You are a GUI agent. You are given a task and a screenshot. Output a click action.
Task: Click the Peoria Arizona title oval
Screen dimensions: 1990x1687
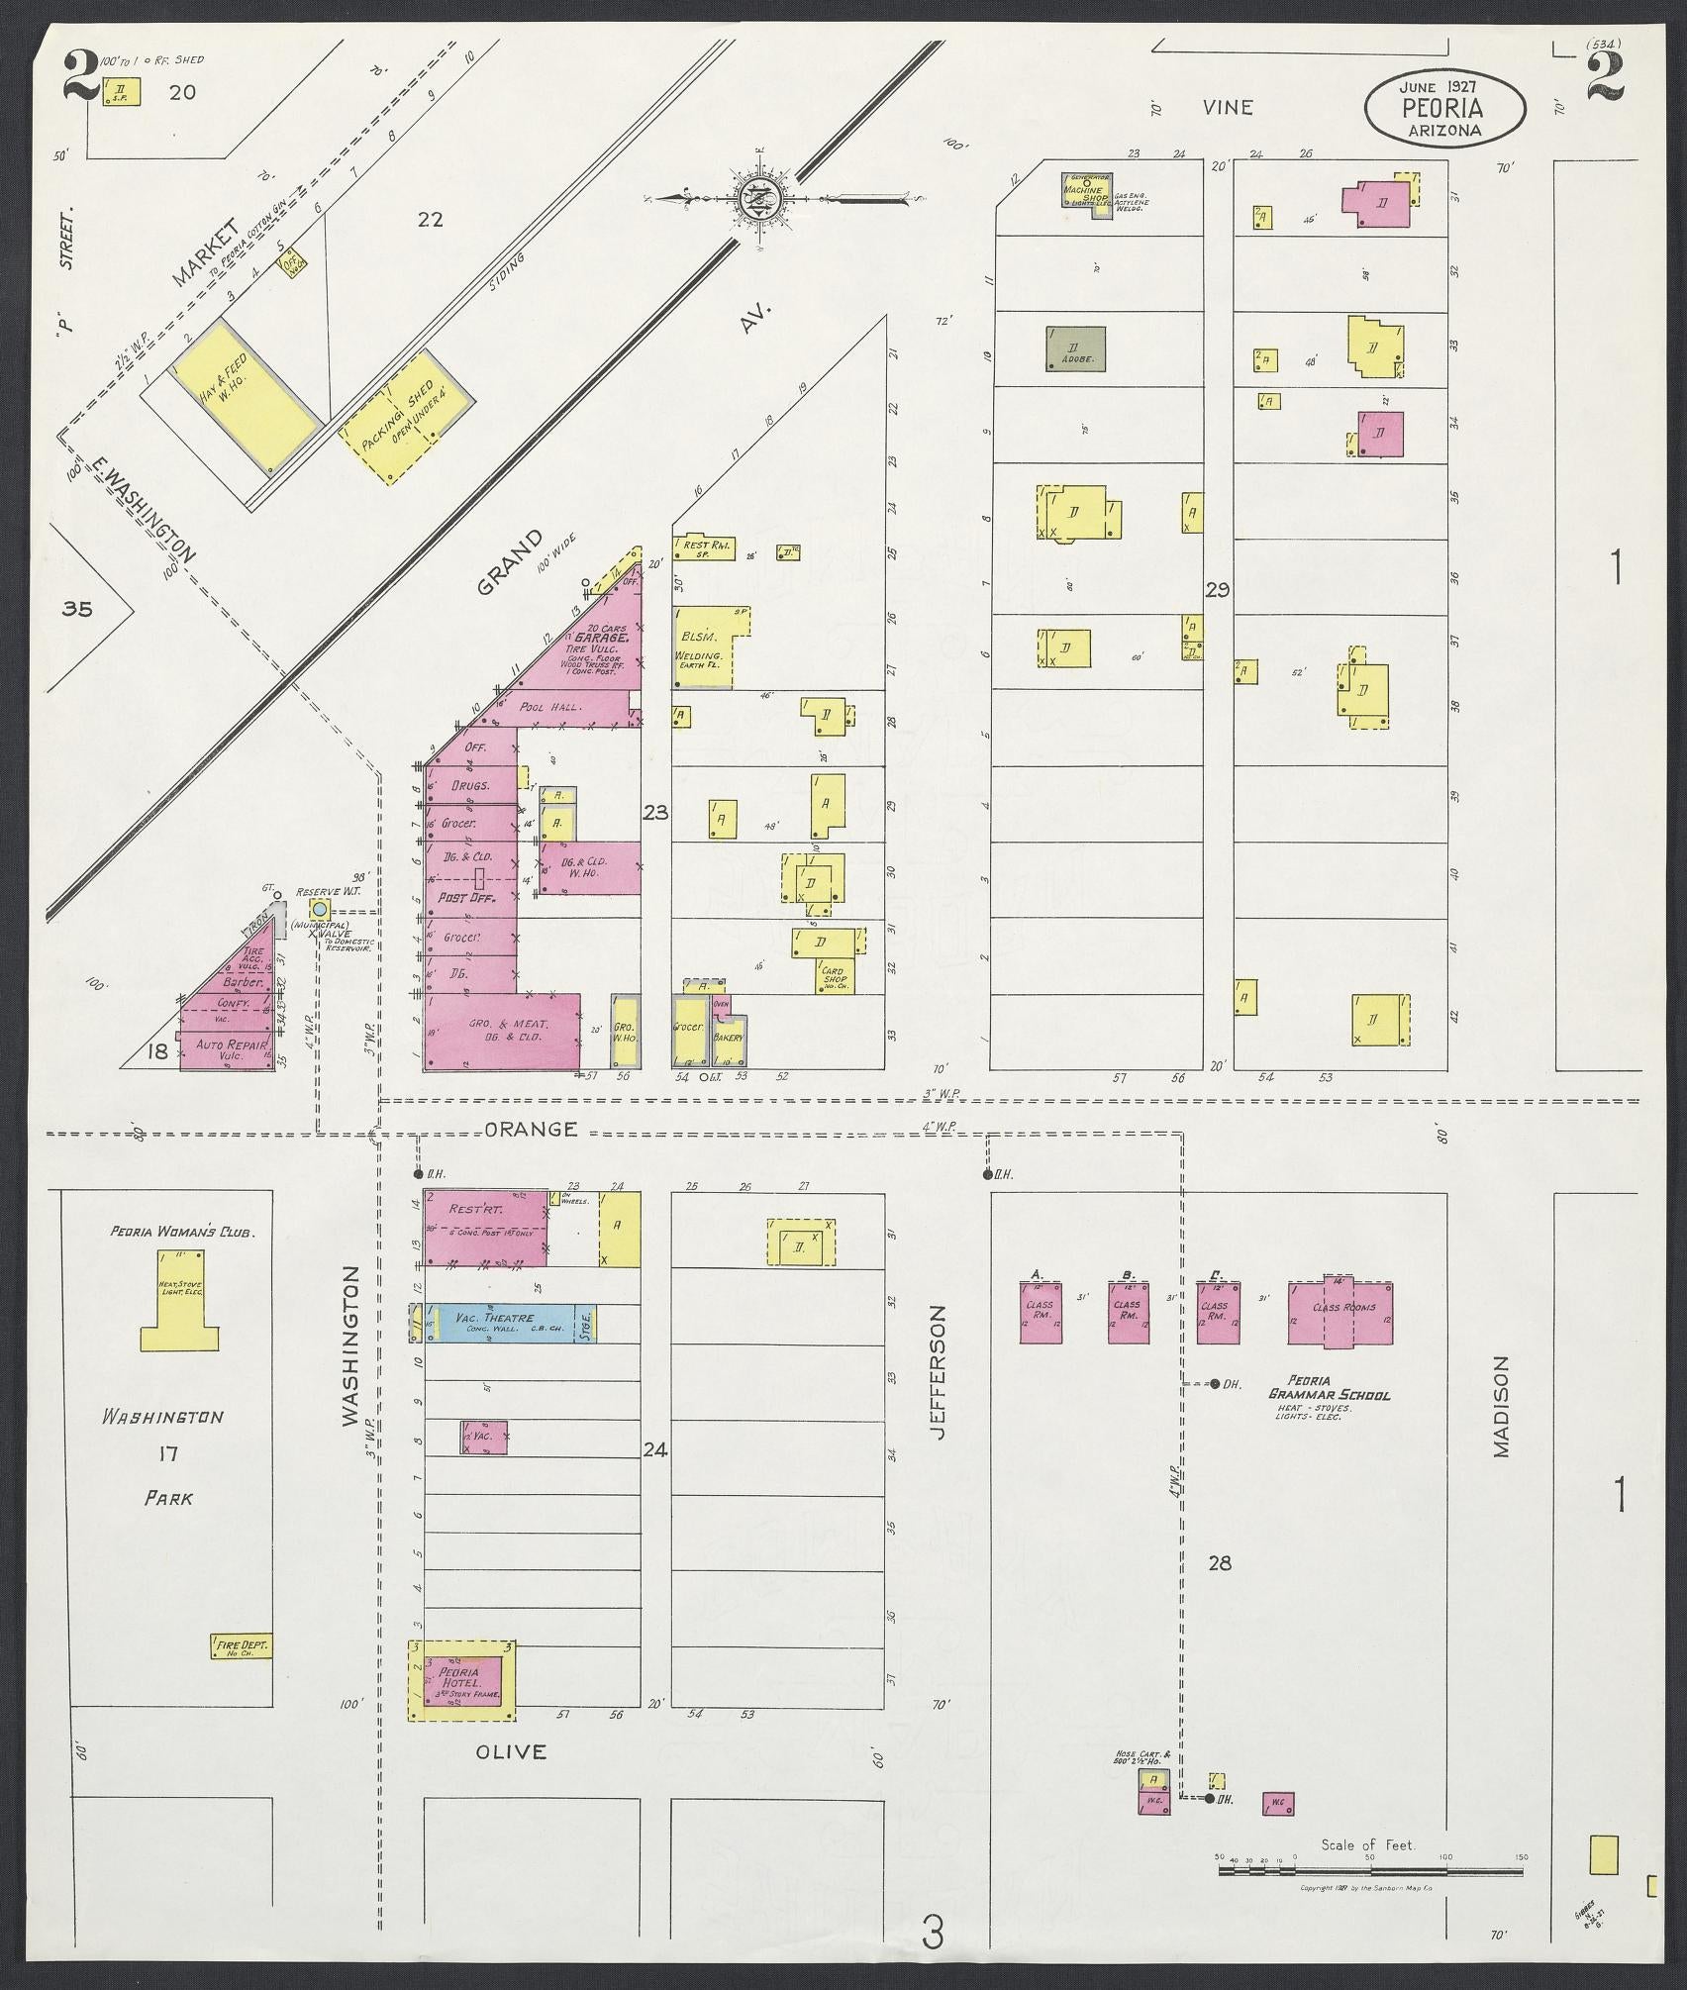click(x=1444, y=108)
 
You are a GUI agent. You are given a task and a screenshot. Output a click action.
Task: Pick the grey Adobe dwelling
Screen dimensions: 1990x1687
click(x=1077, y=348)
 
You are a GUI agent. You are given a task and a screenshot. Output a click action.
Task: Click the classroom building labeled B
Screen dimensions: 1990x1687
click(x=1128, y=1313)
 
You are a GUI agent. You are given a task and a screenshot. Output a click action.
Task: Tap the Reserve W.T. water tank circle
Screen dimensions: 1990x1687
click(x=319, y=908)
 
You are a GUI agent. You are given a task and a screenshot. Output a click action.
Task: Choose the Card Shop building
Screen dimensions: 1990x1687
click(x=835, y=976)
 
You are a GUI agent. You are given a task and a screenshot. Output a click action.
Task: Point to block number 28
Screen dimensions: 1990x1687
click(x=1220, y=1563)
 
